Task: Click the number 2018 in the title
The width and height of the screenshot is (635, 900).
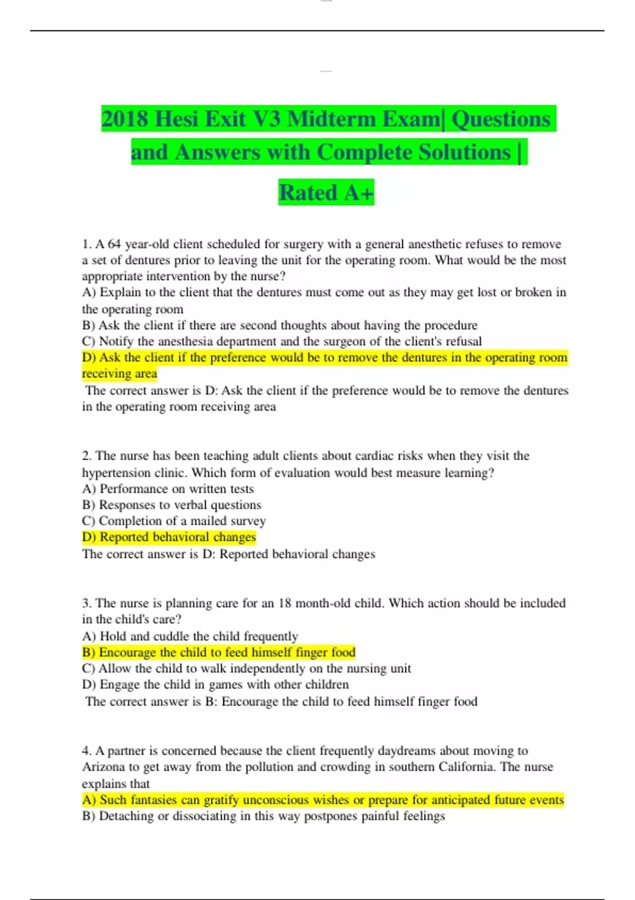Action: pos(125,119)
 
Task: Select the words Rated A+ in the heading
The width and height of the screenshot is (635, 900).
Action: pos(326,192)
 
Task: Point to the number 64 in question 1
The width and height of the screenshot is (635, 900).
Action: pos(114,244)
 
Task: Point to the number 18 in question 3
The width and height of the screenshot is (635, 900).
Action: pos(285,604)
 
